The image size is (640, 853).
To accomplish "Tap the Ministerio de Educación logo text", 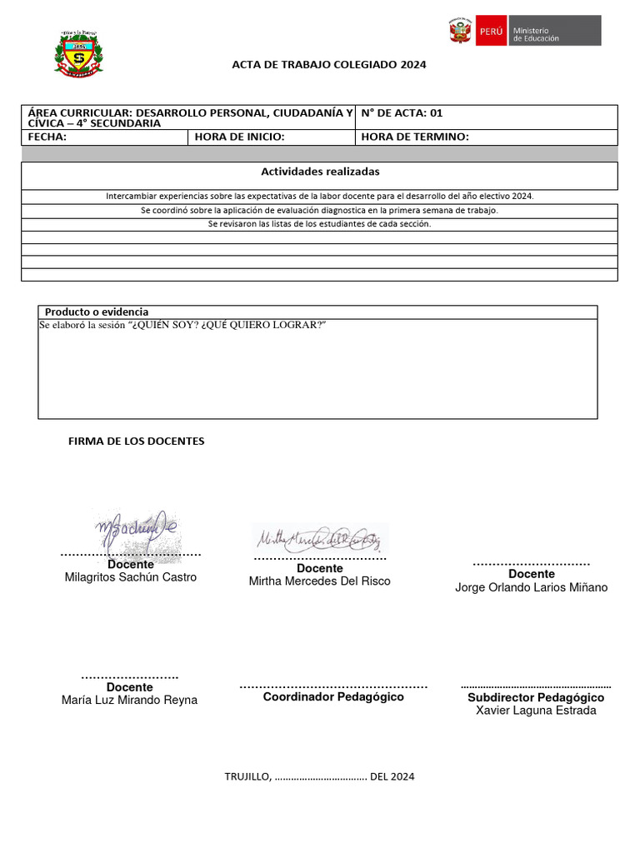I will tap(536, 34).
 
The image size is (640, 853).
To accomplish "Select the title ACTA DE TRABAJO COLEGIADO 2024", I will tap(328, 64).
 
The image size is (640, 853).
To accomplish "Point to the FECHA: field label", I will tap(47, 137).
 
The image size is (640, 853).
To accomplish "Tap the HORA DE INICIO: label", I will tap(240, 137).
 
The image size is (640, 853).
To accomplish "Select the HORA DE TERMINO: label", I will tap(415, 137).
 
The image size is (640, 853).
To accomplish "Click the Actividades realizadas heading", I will tap(320, 172).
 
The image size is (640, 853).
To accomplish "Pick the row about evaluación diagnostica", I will tap(320, 211).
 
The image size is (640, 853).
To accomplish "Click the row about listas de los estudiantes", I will tap(320, 224).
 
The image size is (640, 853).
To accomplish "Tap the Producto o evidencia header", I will tap(97, 312).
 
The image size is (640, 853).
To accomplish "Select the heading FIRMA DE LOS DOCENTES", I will tap(136, 441).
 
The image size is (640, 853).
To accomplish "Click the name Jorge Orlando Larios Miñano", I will tap(531, 587).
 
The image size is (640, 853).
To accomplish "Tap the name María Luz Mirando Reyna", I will tap(129, 700).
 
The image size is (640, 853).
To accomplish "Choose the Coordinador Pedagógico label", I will tap(333, 696).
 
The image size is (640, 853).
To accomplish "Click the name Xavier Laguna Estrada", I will tap(536, 711).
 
